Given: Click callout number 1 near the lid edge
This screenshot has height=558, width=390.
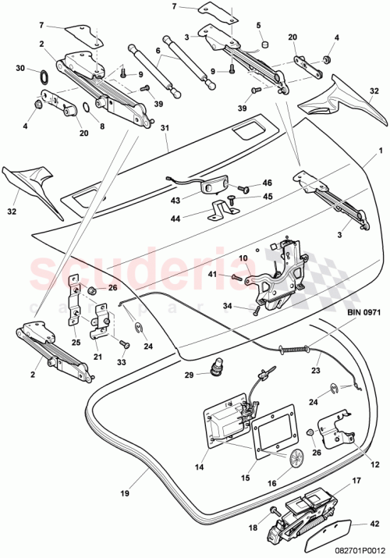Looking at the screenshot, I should [x=380, y=150].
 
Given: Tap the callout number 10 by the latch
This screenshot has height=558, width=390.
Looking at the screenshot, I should [x=243, y=258].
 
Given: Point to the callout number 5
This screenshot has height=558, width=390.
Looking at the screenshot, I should [x=258, y=25].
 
